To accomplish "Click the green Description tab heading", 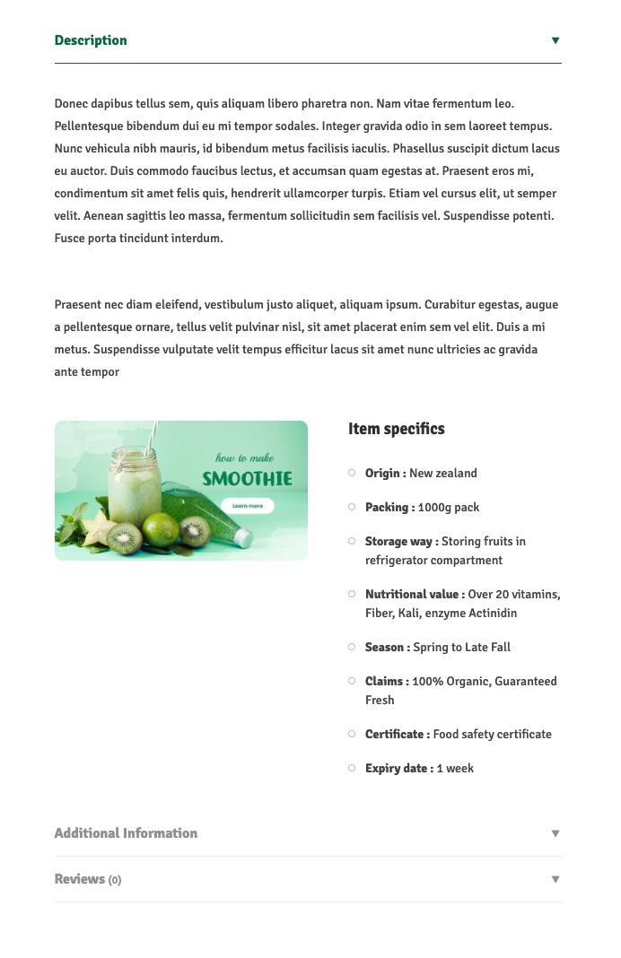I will [x=91, y=40].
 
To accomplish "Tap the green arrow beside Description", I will [x=555, y=40].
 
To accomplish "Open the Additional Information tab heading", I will [x=126, y=833].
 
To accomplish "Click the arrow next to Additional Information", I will [x=555, y=833].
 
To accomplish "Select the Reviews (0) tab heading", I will [x=87, y=879].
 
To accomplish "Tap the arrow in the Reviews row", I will [x=555, y=879].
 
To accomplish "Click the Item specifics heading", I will [x=396, y=429].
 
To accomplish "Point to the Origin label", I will [x=385, y=474].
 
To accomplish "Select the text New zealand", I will [x=443, y=474].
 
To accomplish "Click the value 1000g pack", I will [x=449, y=508].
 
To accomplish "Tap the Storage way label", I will [x=401, y=542].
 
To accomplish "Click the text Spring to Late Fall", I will [x=462, y=648].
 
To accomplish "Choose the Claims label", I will [x=387, y=682].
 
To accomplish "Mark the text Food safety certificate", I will [x=493, y=735].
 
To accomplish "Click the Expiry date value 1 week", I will [x=455, y=769].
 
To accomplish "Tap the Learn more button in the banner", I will [x=248, y=506].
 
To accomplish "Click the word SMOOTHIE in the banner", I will [x=247, y=479].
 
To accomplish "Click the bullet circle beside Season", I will [x=352, y=647].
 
